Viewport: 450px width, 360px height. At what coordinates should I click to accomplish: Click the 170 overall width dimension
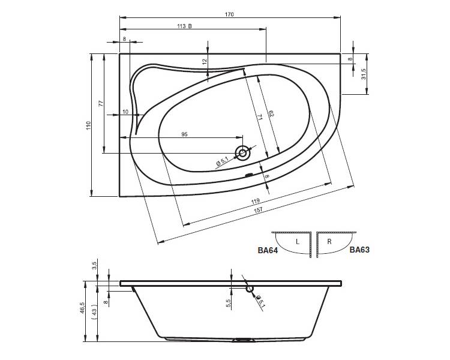coord(229,14)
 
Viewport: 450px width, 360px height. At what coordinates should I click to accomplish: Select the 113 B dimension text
coord(184,26)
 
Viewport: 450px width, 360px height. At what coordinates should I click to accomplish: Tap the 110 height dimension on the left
coord(88,125)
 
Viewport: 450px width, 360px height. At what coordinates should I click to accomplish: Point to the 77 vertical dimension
coord(100,103)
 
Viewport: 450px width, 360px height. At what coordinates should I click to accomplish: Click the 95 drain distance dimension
coord(185,134)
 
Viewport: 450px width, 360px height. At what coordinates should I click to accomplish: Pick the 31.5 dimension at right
coord(364,74)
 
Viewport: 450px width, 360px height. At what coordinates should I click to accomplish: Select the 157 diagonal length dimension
coord(258,210)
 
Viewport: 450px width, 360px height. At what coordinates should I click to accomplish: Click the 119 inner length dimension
coord(255,201)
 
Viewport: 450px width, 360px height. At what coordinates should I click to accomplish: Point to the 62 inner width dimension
coord(271,113)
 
